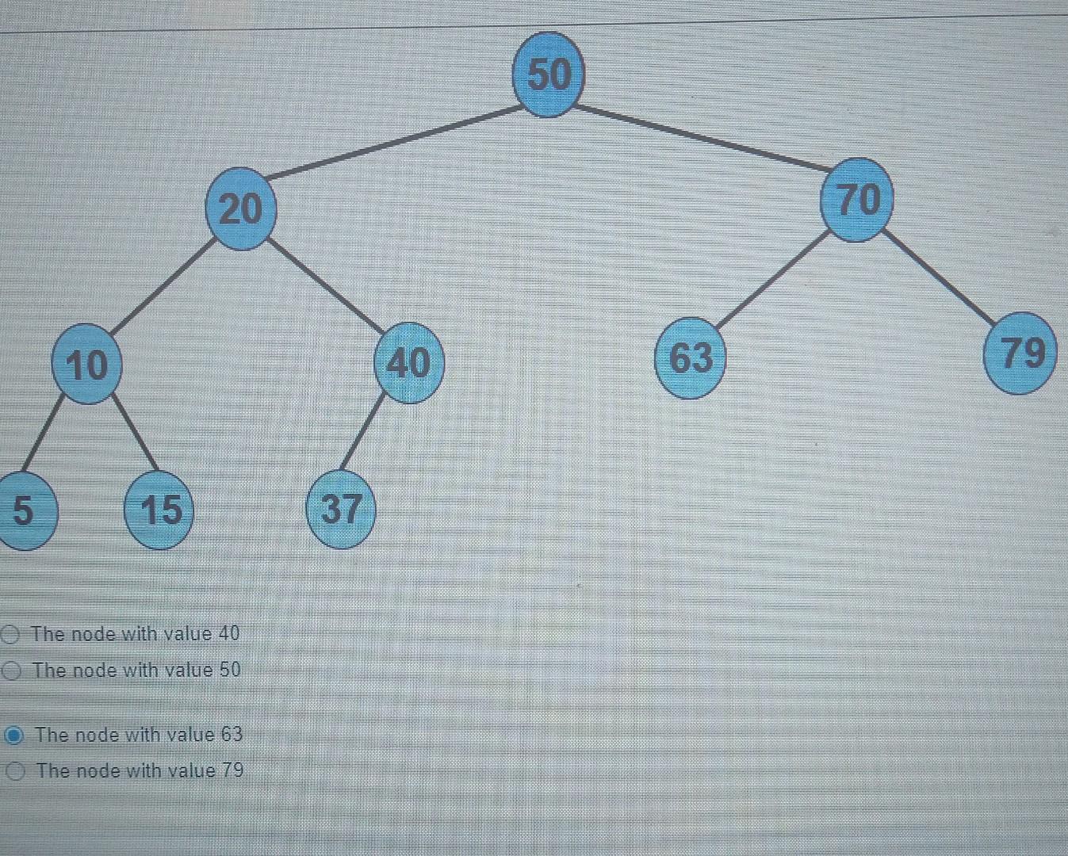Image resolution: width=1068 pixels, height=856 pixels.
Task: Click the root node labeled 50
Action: pos(549,75)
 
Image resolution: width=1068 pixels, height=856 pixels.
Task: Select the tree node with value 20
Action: pos(240,209)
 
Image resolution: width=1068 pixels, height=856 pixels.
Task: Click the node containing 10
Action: pos(86,365)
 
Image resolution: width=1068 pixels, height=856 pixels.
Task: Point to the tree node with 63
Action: pos(691,357)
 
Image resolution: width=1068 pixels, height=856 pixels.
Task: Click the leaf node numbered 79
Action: pos(1022,353)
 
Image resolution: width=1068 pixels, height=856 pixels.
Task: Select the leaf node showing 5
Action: pos(24,510)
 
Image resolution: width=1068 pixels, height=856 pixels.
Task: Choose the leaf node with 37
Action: pos(341,509)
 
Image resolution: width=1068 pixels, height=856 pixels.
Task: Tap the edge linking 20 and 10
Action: pos(163,286)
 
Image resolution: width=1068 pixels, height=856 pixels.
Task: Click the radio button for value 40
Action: pos(10,634)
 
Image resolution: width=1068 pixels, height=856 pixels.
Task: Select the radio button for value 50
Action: pos(10,671)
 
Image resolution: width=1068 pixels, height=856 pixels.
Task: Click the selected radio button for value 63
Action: pos(13,736)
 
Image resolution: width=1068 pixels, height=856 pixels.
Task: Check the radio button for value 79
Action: pos(15,771)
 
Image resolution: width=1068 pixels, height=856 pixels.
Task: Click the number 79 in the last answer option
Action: pos(232,770)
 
